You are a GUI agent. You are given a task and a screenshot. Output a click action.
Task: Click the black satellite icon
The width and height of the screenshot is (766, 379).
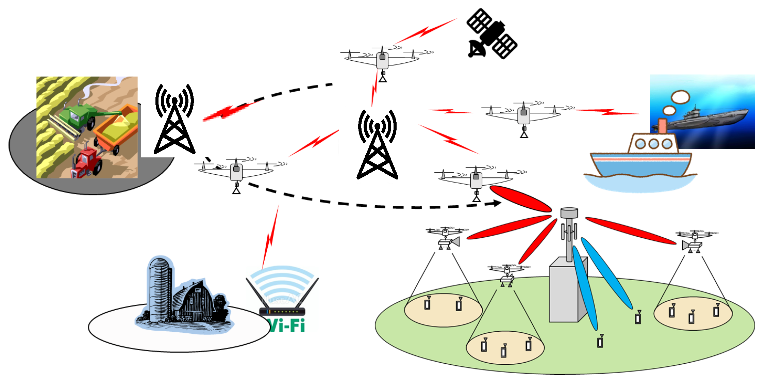click(x=492, y=34)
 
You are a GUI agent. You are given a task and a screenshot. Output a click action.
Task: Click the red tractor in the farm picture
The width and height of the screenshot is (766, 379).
click(x=86, y=162)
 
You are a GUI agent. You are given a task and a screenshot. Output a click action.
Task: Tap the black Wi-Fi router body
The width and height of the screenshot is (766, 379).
click(x=282, y=311)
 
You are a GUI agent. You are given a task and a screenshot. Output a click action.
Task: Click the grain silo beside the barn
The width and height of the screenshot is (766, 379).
click(x=159, y=289)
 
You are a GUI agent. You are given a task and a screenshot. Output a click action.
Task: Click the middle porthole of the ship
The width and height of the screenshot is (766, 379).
click(x=653, y=144)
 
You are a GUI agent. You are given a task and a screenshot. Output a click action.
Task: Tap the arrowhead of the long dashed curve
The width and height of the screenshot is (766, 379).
click(x=497, y=203)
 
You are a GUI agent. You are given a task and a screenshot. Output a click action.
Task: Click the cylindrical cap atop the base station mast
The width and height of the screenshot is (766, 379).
click(x=569, y=213)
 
